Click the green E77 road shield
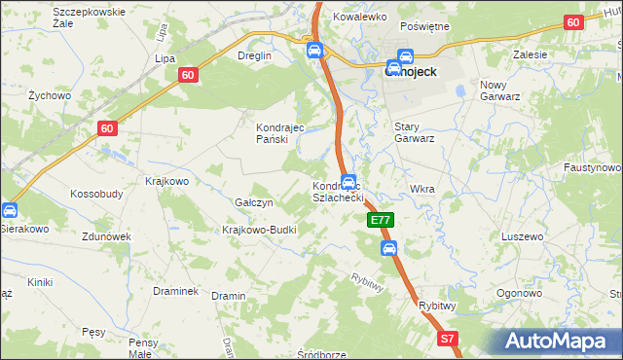[x=383, y=222]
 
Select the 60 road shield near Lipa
[x=189, y=74]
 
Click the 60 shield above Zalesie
[x=573, y=22]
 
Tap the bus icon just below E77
[x=389, y=248]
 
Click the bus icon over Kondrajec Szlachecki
[x=348, y=181]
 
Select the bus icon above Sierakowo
[x=8, y=209]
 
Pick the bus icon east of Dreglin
[x=313, y=50]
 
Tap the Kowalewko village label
[x=360, y=18]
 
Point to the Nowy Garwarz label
[x=501, y=90]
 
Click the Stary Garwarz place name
[x=413, y=132]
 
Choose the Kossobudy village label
[x=96, y=194]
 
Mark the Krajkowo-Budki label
[x=259, y=230]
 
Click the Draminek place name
[x=176, y=291]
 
